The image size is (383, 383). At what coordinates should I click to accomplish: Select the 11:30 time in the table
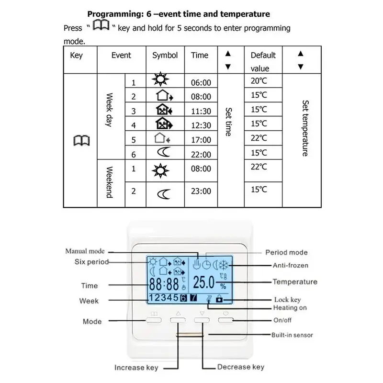click(201, 111)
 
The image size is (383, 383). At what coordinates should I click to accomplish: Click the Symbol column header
click(165, 56)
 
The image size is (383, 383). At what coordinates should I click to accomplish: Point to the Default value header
click(263, 62)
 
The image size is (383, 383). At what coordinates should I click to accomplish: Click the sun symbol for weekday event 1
click(160, 79)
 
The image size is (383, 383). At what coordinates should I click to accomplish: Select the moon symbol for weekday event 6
click(163, 152)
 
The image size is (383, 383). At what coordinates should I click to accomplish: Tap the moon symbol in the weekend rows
click(163, 194)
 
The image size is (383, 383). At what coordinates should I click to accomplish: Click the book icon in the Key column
click(81, 140)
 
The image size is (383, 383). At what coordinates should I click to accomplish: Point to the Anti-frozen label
click(291, 265)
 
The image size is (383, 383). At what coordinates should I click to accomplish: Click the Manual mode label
click(85, 251)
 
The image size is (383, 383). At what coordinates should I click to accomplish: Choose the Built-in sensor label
click(292, 335)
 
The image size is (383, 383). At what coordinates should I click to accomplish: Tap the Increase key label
click(136, 368)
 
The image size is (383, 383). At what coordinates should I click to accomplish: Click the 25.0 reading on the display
click(204, 282)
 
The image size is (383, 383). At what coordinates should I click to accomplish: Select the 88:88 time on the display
click(164, 284)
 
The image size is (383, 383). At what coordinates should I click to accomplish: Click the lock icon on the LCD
click(219, 298)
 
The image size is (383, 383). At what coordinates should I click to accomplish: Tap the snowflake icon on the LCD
click(224, 265)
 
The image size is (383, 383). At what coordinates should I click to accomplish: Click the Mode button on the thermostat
click(154, 320)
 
